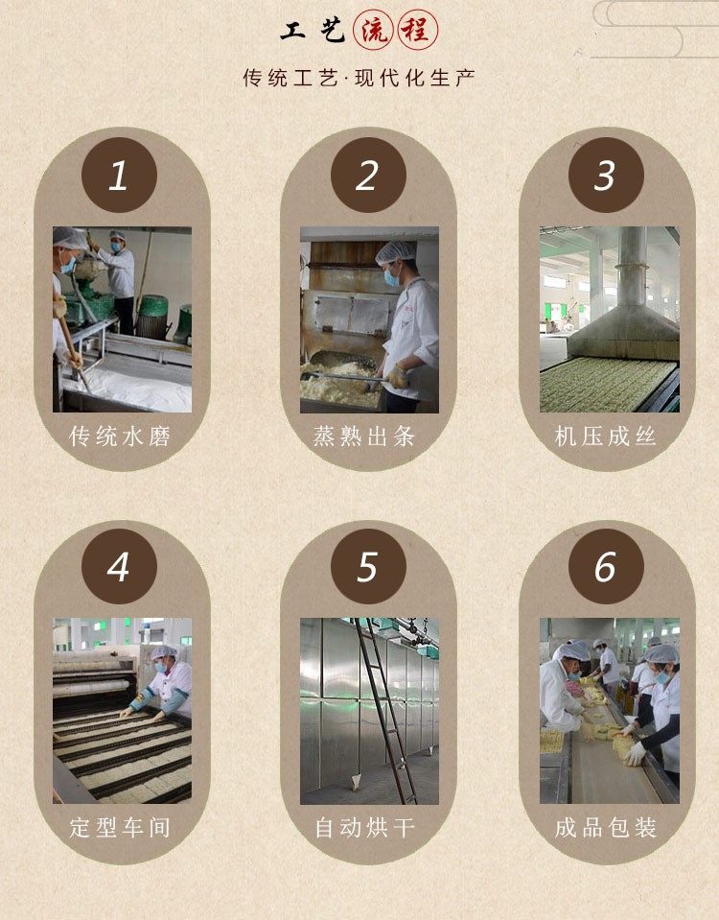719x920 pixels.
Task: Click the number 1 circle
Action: [x=119, y=175]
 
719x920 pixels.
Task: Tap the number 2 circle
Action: [x=368, y=175]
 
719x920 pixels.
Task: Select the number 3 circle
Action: [x=606, y=175]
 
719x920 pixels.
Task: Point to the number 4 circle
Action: [x=119, y=566]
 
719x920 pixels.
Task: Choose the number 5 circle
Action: [x=368, y=566]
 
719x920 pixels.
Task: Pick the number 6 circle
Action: [x=606, y=566]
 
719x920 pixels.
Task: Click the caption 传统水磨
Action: [x=120, y=436]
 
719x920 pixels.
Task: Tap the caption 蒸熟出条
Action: [x=364, y=436]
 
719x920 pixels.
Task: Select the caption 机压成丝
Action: [x=605, y=436]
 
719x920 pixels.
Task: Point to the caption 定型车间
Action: [x=120, y=827]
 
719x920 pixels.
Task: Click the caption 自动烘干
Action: [x=364, y=827]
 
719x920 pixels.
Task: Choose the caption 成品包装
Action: [x=605, y=827]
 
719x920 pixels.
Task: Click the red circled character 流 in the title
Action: [x=374, y=30]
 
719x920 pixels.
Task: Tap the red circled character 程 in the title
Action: [x=418, y=30]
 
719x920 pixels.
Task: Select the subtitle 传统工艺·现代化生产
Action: [x=359, y=78]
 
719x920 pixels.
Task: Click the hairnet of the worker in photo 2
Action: [x=395, y=252]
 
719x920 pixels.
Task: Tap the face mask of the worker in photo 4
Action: [x=160, y=667]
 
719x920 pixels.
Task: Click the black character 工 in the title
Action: [x=292, y=31]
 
